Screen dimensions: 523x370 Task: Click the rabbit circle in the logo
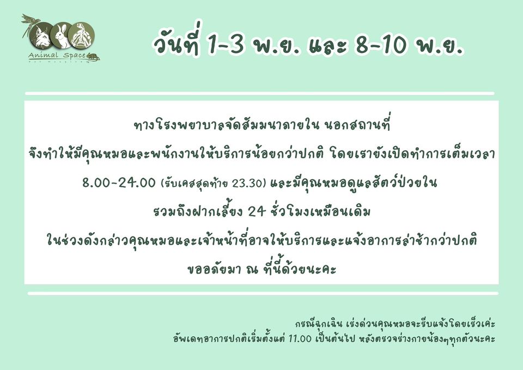[61, 35]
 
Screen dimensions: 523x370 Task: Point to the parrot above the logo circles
[29, 22]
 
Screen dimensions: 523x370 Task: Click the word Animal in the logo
[44, 56]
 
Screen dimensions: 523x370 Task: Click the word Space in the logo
[75, 56]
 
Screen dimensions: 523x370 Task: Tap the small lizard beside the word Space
[93, 57]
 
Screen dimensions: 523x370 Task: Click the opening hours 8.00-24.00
[119, 183]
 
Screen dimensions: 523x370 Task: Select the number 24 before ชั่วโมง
[257, 211]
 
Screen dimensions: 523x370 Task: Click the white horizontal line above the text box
[259, 93]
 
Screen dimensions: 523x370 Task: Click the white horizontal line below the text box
[263, 293]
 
